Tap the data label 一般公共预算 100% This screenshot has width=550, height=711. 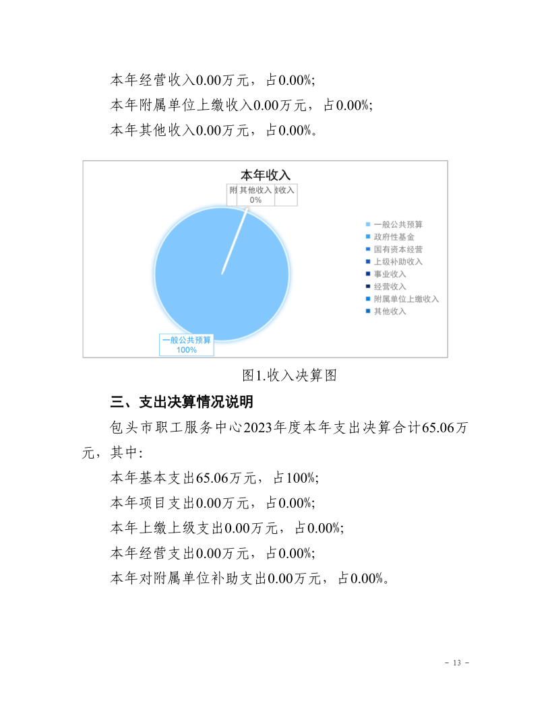pos(187,345)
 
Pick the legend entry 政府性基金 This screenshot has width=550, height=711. pos(394,237)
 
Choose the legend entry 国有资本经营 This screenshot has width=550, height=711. pos(398,249)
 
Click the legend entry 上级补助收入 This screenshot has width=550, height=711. pos(398,261)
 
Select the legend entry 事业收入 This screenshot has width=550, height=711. pos(390,274)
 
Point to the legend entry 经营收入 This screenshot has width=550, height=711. pos(390,286)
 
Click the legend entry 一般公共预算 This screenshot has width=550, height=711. pos(398,224)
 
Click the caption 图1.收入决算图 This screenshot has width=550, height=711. pos(289,376)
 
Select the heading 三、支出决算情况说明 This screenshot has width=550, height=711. pos(182,402)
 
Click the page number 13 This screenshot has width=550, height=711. pos(456,663)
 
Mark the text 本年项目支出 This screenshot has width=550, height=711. pos(152,503)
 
